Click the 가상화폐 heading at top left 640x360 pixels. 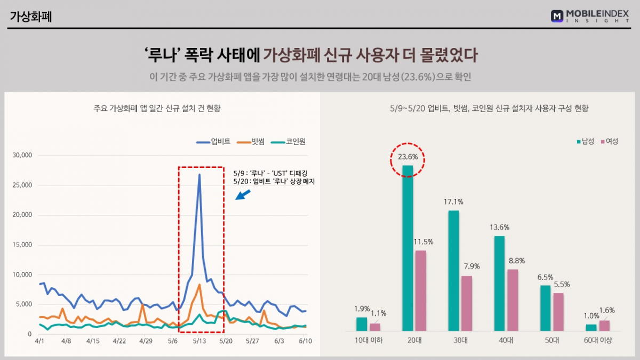point(31,17)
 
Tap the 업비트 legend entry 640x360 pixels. point(214,141)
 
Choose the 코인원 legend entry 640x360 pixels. point(289,141)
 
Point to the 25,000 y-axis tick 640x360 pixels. point(22,185)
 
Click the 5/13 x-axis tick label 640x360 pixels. point(199,340)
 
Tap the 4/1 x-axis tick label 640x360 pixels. point(40,340)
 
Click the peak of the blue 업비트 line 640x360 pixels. point(199,175)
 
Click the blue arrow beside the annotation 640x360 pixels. point(243,194)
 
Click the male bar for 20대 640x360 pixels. point(407,248)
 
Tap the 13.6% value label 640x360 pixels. point(499,227)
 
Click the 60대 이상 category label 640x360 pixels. point(598,340)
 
